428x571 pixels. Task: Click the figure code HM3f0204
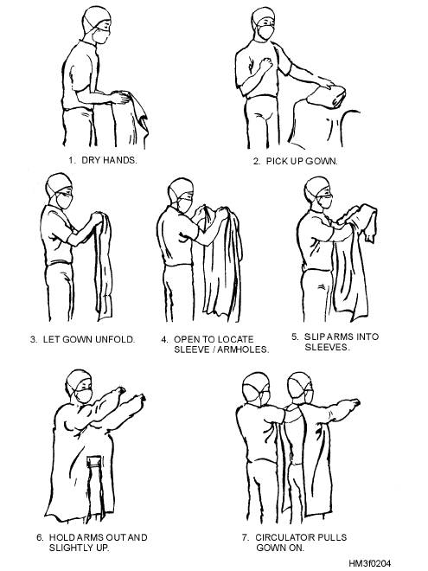click(370, 563)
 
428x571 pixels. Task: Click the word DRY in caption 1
click(91, 160)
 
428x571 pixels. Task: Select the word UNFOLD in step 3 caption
click(115, 339)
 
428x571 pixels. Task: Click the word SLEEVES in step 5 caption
click(327, 347)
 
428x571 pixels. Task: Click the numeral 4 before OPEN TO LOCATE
click(164, 339)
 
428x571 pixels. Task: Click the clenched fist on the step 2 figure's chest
click(265, 65)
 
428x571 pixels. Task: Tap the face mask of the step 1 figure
click(100, 36)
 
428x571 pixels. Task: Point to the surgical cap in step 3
click(57, 183)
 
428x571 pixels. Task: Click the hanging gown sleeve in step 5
click(367, 222)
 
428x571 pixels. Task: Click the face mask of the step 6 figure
click(84, 395)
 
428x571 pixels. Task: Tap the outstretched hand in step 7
click(352, 402)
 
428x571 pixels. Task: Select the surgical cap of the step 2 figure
click(262, 16)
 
